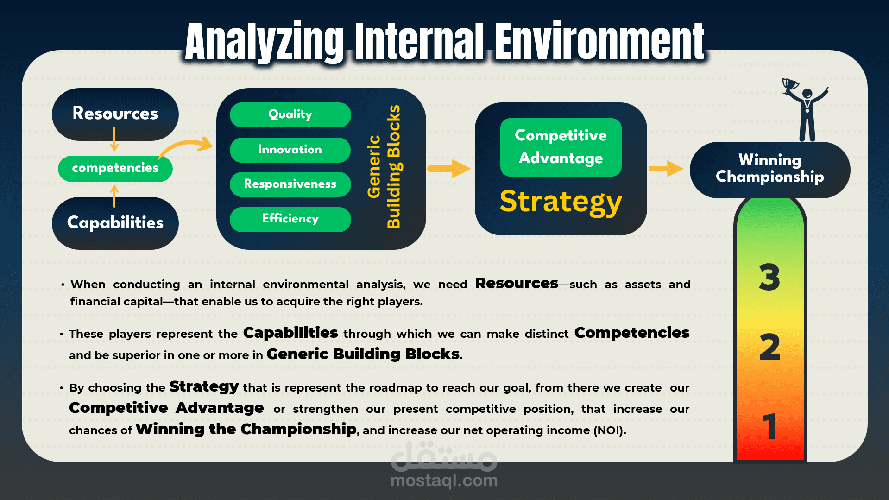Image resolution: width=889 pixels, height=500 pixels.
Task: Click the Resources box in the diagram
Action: tap(115, 114)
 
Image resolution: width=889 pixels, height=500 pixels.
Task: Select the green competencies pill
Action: tap(115, 168)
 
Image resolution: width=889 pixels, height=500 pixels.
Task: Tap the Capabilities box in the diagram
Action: tap(115, 223)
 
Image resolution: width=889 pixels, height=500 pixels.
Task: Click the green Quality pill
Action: tap(290, 114)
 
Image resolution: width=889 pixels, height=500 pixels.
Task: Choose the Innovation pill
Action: tap(290, 150)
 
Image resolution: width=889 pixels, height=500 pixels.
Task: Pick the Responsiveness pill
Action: tap(290, 184)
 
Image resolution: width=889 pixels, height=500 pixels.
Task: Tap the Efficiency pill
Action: tap(290, 219)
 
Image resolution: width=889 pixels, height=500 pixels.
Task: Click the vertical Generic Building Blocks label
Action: tap(384, 167)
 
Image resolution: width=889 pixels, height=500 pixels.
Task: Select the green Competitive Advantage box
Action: tap(561, 147)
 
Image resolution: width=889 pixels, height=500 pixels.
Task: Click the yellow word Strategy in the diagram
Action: tap(561, 203)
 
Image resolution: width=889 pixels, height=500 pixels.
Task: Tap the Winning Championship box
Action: tap(770, 170)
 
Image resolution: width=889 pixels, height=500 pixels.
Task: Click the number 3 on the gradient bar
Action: tap(769, 277)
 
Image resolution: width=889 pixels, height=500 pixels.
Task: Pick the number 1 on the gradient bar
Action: tap(769, 426)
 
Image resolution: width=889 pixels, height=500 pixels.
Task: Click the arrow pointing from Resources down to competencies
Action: tap(114, 139)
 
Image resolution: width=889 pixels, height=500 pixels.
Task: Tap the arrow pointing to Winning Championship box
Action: tap(666, 168)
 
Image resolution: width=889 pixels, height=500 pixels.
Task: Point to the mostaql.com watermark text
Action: tap(444, 481)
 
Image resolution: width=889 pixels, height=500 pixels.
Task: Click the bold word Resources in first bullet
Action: tap(517, 283)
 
